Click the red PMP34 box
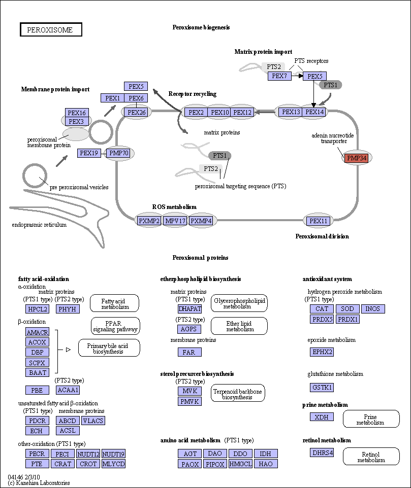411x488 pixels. (357, 158)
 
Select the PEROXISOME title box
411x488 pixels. (51, 29)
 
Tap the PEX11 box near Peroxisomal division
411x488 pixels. (318, 221)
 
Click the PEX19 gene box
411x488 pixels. (89, 153)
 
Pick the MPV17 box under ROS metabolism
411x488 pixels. (175, 221)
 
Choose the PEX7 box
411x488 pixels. (279, 76)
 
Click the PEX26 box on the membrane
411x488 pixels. (137, 112)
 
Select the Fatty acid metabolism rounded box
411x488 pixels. (114, 303)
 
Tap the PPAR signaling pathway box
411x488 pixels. (115, 326)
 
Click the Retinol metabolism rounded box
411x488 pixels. (371, 457)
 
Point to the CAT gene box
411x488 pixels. (322, 309)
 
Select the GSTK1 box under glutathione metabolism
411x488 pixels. (322, 388)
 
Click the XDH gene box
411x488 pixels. (322, 417)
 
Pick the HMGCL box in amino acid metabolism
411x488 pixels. (240, 464)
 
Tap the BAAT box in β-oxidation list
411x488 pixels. (38, 372)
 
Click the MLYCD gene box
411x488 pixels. (113, 464)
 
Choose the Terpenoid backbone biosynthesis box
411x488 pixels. (238, 394)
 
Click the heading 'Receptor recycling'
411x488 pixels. (192, 94)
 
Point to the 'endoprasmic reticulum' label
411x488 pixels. (39, 225)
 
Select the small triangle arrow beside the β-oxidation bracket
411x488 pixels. (68, 350)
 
